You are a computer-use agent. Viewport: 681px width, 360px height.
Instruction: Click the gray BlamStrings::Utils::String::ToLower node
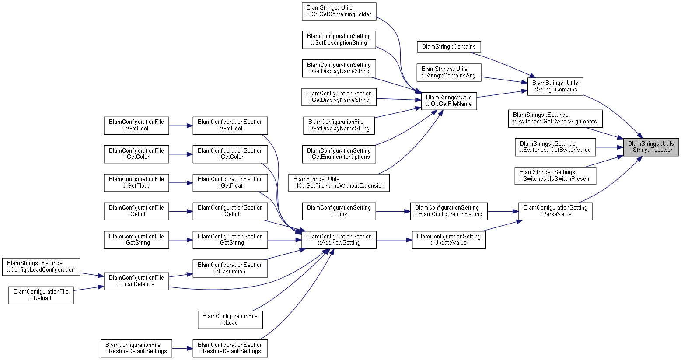point(650,147)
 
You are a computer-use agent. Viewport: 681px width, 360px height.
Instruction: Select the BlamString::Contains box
point(449,47)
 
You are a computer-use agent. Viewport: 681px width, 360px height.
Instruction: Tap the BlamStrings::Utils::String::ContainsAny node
point(449,72)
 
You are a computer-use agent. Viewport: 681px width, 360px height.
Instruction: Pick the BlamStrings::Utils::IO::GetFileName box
point(449,101)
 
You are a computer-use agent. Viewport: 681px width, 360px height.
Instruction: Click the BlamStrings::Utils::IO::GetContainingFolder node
point(339,11)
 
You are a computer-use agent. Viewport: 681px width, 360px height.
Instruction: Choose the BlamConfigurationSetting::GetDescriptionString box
point(339,39)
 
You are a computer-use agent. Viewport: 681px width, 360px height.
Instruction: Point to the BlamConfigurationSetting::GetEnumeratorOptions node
point(339,154)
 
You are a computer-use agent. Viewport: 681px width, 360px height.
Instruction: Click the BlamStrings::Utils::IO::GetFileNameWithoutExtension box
point(339,183)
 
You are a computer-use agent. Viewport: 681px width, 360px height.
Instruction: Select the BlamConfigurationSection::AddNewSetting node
point(339,240)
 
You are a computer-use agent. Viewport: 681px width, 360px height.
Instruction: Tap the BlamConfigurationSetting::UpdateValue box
point(449,240)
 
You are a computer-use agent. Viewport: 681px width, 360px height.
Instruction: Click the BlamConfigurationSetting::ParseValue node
point(555,211)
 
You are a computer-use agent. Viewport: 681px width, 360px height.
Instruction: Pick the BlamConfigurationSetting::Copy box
point(339,211)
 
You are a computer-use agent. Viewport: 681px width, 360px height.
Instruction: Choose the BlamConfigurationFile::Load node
point(230,320)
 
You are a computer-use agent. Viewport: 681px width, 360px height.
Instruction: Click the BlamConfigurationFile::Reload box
point(41,295)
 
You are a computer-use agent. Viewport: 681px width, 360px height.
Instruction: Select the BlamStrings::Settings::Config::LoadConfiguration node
point(41,267)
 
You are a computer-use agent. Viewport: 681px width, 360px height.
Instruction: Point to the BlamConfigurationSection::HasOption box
point(230,269)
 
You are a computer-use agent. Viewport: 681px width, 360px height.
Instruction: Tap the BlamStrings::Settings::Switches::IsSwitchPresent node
point(555,176)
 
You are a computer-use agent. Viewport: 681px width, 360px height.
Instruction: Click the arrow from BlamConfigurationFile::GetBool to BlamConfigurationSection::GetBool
point(181,126)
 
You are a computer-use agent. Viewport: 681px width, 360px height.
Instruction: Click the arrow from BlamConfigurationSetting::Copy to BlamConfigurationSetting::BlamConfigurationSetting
point(393,211)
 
